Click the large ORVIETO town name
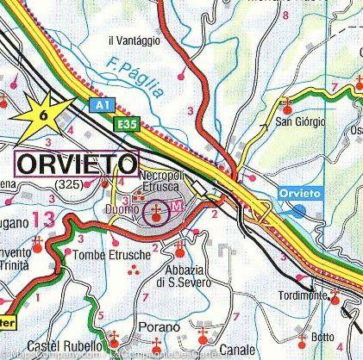pos(77,164)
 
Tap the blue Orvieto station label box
pos(300,194)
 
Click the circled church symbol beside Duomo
pos(157,211)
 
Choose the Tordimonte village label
pos(302,296)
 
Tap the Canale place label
pos(236,348)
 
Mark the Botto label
pos(322,336)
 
